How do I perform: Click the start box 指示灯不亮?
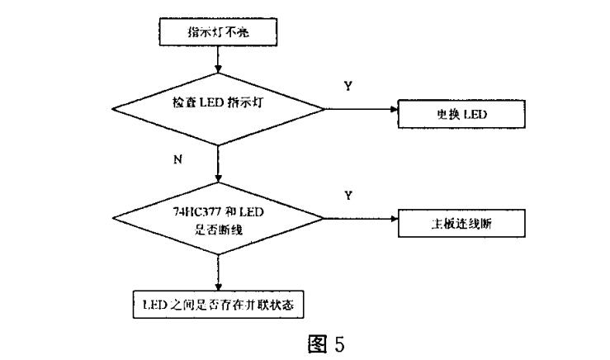pos(218,34)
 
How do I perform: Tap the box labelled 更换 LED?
pos(461,114)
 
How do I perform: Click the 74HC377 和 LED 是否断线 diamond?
pos(219,219)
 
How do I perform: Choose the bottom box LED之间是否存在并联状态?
pos(218,304)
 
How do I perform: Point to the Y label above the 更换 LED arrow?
pos(347,86)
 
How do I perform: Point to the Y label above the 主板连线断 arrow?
pos(347,195)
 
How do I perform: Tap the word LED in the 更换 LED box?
pos(474,114)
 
